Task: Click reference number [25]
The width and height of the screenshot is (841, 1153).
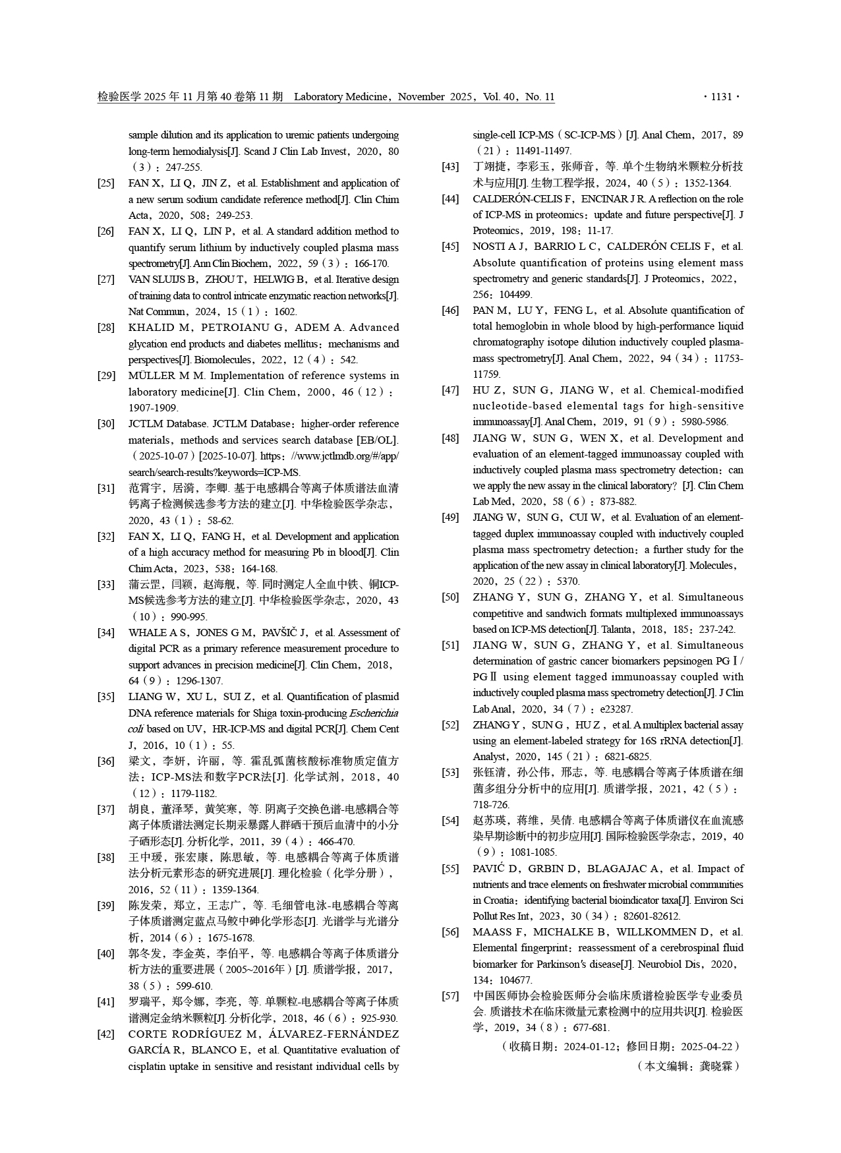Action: [105, 183]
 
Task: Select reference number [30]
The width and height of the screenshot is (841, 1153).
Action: [105, 424]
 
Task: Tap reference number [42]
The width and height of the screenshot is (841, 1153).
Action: [105, 1034]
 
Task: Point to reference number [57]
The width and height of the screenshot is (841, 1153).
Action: [450, 995]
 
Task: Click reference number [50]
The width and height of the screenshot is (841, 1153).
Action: [450, 597]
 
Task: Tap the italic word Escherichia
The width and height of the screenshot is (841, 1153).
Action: [374, 713]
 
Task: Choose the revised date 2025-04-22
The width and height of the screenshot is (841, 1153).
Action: [707, 1046]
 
